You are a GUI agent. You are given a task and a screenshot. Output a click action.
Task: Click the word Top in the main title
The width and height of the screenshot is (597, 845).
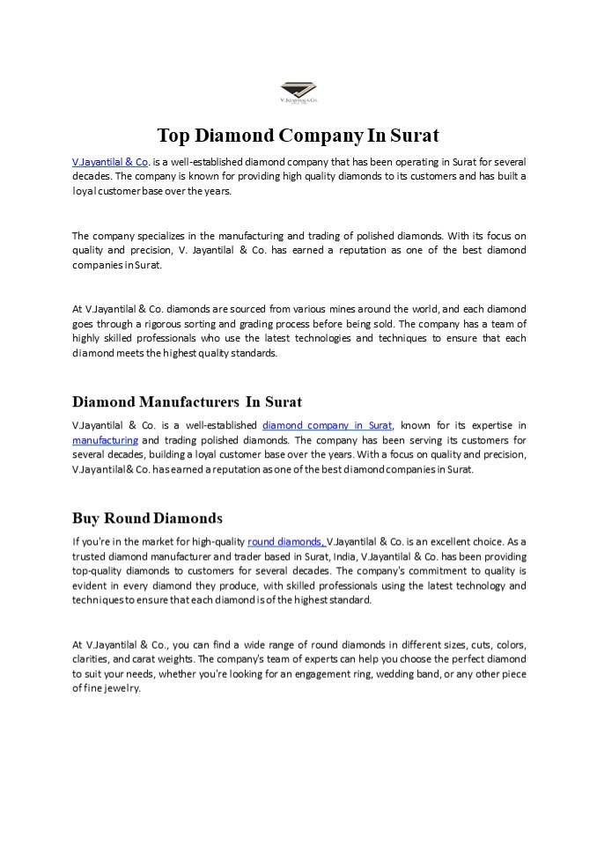[x=174, y=136]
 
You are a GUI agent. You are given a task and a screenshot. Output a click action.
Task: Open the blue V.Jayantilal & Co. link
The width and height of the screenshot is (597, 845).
[x=110, y=162]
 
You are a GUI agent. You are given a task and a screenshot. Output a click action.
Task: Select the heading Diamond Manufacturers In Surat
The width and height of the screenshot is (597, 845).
[x=187, y=402]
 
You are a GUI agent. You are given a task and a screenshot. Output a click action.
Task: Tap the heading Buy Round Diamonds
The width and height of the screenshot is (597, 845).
[x=147, y=518]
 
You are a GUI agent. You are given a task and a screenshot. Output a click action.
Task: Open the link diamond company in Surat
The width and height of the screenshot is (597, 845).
[x=328, y=426]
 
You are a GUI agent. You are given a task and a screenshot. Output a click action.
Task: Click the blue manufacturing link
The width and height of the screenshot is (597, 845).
[x=105, y=440]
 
